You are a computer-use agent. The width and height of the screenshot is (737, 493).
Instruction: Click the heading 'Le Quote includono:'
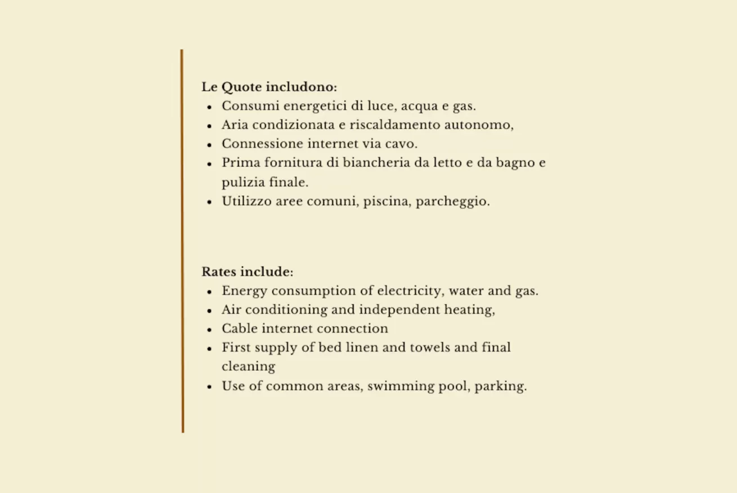pos(269,87)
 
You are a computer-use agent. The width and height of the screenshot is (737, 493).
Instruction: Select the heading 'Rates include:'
pos(248,272)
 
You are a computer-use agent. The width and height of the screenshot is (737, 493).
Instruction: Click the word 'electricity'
pos(409,291)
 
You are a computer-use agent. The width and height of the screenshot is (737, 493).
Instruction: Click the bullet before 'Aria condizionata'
pos(209,126)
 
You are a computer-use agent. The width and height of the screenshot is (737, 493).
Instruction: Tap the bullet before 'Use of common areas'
pos(209,387)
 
